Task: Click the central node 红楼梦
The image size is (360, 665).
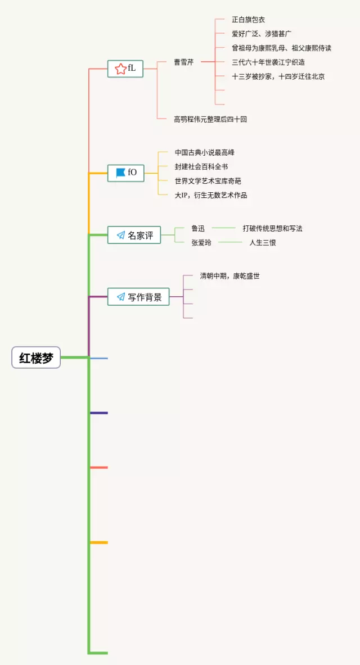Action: click(x=36, y=358)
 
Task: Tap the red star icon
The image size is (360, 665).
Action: click(x=120, y=69)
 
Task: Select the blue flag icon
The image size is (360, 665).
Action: click(x=120, y=173)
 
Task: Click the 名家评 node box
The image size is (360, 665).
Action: click(x=134, y=235)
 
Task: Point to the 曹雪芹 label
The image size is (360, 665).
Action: click(x=183, y=62)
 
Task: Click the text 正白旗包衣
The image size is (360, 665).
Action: click(x=248, y=20)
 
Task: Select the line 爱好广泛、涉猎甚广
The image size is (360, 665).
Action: click(x=262, y=34)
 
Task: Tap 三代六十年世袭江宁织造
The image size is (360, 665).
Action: click(x=268, y=62)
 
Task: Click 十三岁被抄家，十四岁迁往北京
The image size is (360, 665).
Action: click(x=278, y=76)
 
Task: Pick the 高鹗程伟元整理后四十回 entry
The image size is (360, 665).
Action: click(x=210, y=119)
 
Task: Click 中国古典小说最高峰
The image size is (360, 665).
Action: click(x=204, y=152)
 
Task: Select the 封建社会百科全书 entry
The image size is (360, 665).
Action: click(x=201, y=166)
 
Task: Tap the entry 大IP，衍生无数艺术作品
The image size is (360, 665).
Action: click(x=210, y=195)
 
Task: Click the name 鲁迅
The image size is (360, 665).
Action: click(x=197, y=228)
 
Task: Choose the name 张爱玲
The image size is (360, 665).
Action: click(x=201, y=242)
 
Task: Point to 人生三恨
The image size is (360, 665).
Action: click(x=263, y=242)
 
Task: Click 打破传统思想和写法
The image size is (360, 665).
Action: click(x=272, y=228)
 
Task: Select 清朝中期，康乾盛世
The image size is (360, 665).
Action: click(x=229, y=276)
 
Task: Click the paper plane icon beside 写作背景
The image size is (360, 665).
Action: click(x=120, y=297)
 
